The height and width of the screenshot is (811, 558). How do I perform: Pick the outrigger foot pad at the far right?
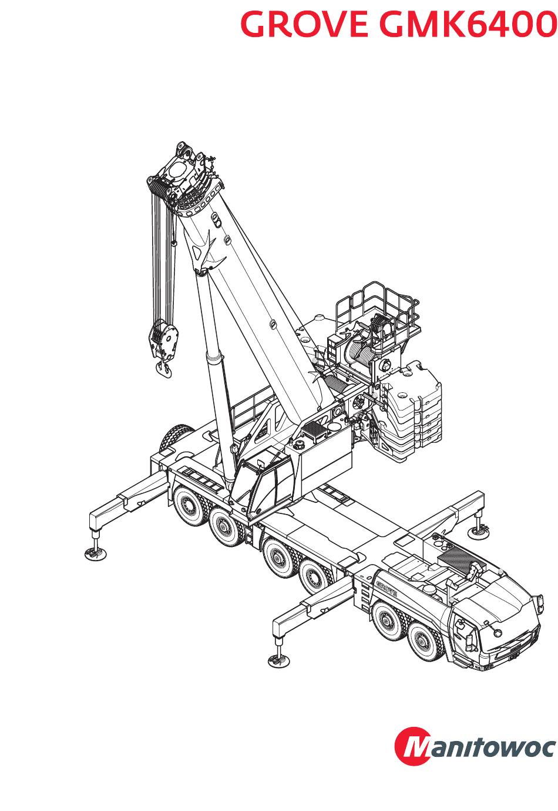(479, 532)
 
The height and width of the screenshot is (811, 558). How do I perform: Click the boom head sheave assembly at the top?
(184, 181)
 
